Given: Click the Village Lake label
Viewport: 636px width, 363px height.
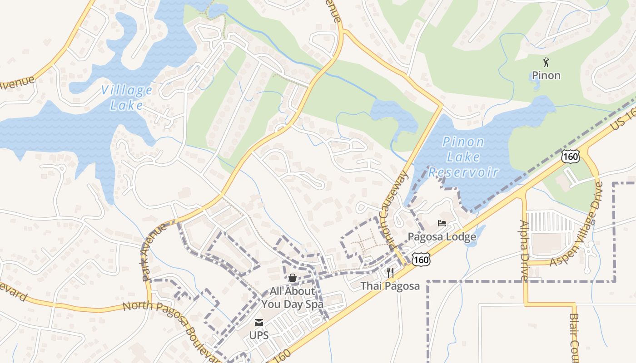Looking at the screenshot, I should point(126,98).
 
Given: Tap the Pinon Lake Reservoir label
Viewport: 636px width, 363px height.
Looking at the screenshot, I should point(463,157).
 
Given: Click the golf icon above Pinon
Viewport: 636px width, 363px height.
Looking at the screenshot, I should point(546,62).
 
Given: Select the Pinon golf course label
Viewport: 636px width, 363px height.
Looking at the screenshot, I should point(546,75).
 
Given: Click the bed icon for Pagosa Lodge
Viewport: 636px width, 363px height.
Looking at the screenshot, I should point(442,223).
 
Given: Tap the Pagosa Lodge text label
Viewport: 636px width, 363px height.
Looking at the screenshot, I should point(442,237).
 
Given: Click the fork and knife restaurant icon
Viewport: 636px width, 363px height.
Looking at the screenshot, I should point(390,273).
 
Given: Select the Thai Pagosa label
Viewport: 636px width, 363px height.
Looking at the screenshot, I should point(390,286).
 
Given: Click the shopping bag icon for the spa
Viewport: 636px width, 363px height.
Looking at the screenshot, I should point(292,277).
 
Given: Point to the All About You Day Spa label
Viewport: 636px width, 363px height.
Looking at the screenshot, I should point(292,298).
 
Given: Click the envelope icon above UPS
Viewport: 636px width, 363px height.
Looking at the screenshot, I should point(259,323).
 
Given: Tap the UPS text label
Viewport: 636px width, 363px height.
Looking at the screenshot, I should point(259,336).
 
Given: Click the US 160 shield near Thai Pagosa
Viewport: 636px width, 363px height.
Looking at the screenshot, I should point(421,260).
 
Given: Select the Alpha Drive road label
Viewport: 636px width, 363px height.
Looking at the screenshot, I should point(523,250).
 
